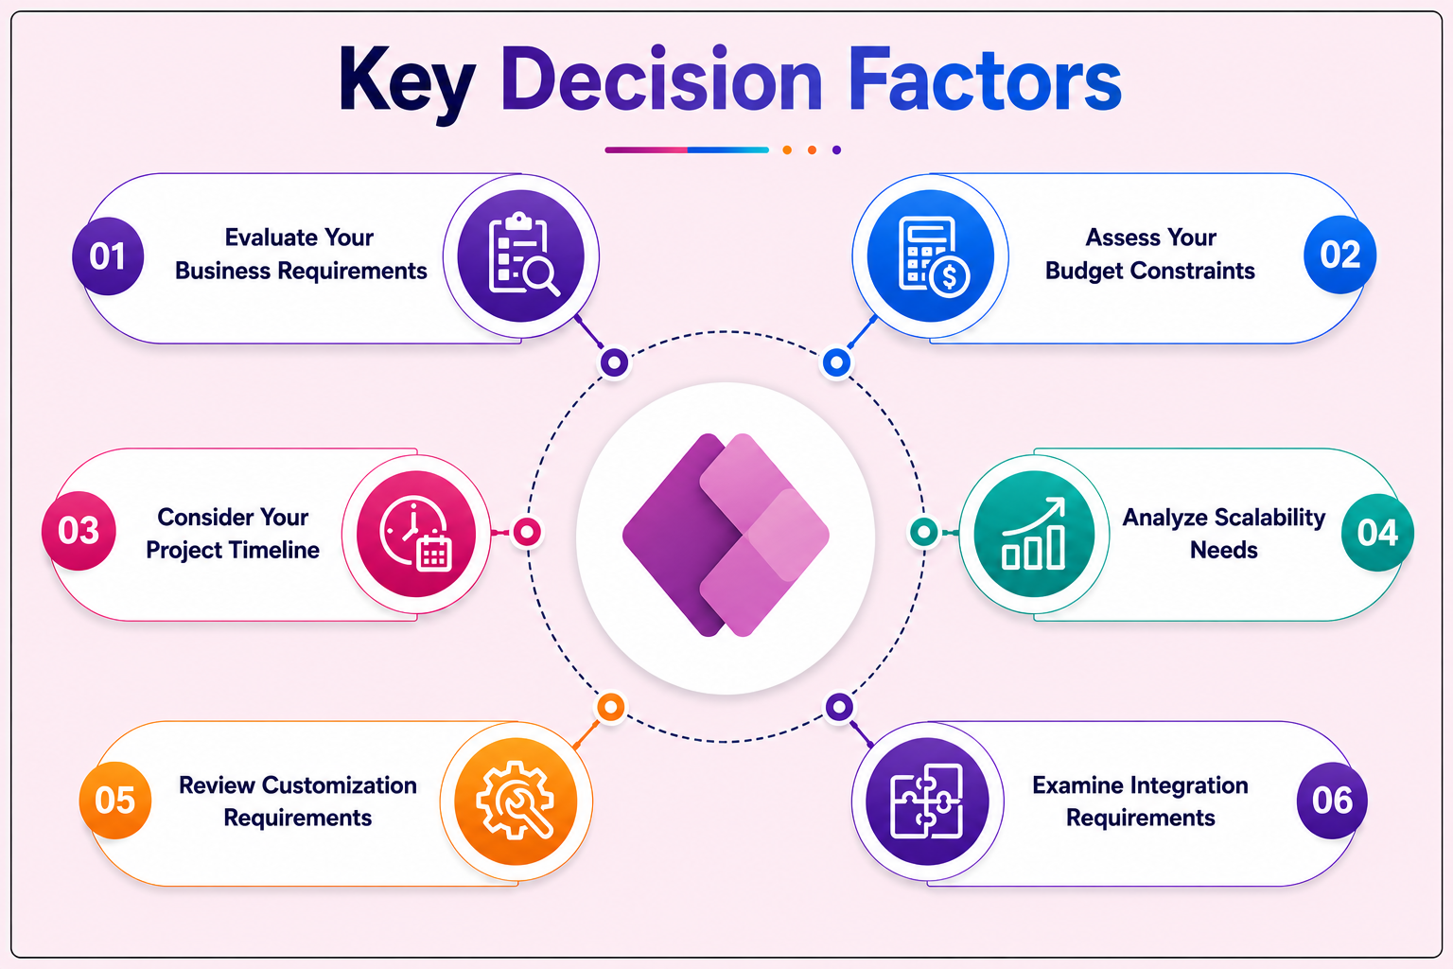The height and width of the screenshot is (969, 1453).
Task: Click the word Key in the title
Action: [407, 84]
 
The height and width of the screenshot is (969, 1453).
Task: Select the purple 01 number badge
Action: [108, 255]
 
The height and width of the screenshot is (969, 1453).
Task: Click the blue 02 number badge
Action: [1339, 255]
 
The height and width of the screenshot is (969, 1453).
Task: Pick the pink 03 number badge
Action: [79, 531]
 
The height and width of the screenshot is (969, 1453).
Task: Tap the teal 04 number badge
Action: [1377, 532]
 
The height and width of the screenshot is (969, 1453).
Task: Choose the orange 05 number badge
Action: [115, 801]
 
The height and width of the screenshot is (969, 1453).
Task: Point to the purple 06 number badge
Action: [1332, 801]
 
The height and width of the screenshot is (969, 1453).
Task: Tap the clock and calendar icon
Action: [416, 534]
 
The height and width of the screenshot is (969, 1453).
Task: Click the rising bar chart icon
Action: [1034, 534]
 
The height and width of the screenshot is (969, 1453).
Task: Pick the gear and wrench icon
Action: [515, 801]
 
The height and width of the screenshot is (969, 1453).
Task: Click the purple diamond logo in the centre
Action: [726, 535]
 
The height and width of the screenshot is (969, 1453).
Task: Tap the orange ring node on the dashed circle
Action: [610, 707]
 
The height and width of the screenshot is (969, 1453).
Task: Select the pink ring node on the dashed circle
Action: [527, 532]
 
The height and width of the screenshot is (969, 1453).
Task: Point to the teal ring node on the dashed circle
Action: [923, 532]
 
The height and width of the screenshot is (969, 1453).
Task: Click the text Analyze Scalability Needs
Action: [1223, 534]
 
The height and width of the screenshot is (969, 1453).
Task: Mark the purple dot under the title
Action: [837, 150]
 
